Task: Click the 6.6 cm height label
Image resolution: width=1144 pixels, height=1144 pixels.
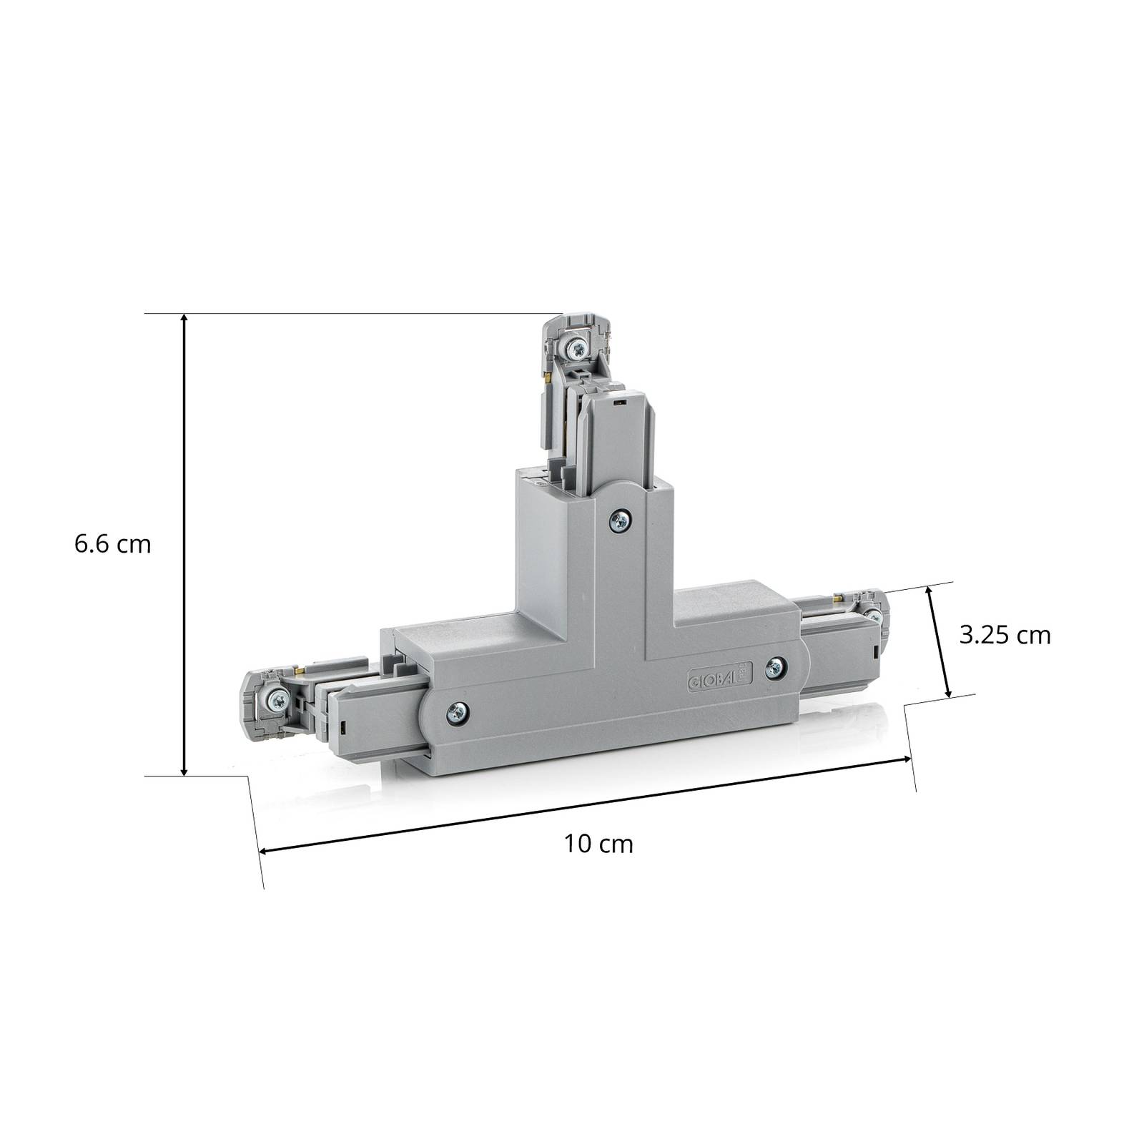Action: (113, 544)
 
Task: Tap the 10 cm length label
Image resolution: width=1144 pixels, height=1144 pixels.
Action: (598, 844)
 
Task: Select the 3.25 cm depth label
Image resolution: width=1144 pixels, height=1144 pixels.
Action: (1005, 635)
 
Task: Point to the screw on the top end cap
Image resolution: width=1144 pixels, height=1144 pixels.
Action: (576, 350)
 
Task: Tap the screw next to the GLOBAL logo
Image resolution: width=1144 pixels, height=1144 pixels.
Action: (774, 669)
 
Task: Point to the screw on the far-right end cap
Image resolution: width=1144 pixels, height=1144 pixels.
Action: (873, 614)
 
